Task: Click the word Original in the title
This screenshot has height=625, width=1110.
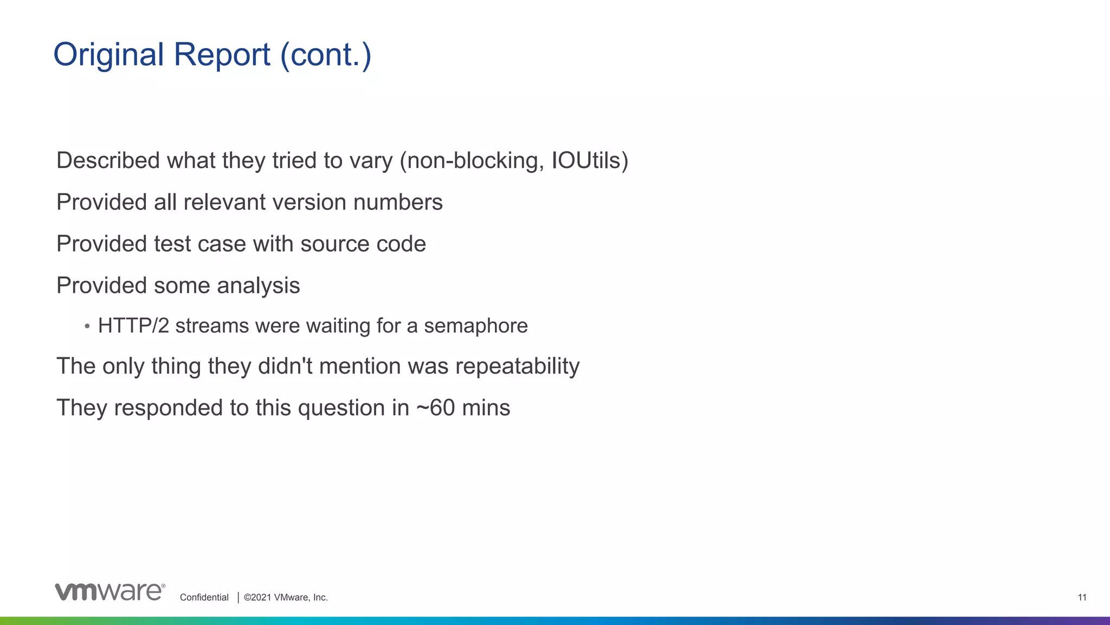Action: pyautogui.click(x=108, y=55)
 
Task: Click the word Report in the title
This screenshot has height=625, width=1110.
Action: pyautogui.click(x=222, y=55)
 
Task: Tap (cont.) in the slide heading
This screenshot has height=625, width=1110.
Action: pyautogui.click(x=326, y=55)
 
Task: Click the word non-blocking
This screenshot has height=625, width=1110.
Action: pyautogui.click(x=472, y=160)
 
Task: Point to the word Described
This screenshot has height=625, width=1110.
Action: pyautogui.click(x=108, y=160)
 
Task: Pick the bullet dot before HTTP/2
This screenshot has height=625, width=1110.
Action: pyautogui.click(x=87, y=326)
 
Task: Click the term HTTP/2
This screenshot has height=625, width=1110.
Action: pyautogui.click(x=133, y=326)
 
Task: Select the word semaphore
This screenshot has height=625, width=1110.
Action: pyautogui.click(x=475, y=326)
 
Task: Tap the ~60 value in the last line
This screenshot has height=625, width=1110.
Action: pyautogui.click(x=435, y=408)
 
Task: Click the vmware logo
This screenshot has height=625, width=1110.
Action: pyautogui.click(x=110, y=592)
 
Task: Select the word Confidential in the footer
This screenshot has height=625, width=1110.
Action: pyautogui.click(x=204, y=597)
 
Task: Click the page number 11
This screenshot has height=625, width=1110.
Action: pyautogui.click(x=1082, y=597)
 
